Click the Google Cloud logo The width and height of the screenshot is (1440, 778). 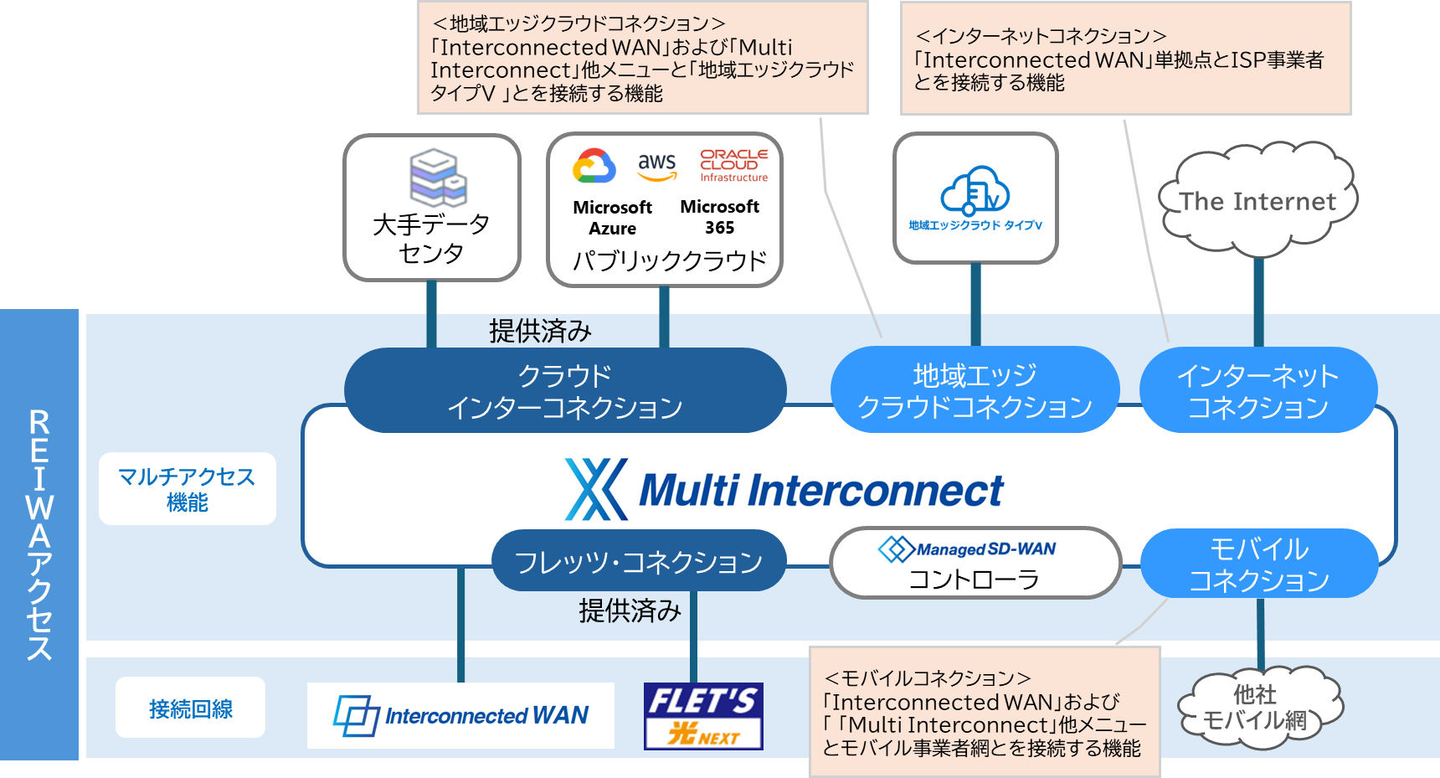click(x=594, y=166)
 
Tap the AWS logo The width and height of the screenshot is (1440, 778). click(x=656, y=166)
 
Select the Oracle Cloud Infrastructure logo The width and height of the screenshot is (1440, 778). click(x=733, y=166)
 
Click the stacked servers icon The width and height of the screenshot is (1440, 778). click(x=437, y=176)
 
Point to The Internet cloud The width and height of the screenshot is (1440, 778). click(x=1257, y=201)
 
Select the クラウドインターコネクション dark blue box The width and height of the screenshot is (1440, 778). click(x=565, y=391)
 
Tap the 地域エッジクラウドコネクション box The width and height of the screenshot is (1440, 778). click(x=975, y=390)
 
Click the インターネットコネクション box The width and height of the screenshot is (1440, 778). click(x=1257, y=390)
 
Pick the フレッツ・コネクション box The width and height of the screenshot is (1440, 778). click(x=638, y=561)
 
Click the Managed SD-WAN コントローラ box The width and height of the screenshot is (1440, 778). click(x=975, y=563)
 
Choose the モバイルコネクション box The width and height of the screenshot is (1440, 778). click(x=1258, y=564)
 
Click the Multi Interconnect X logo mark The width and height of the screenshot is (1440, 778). click(x=595, y=490)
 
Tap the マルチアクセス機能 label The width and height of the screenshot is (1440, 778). click(x=187, y=489)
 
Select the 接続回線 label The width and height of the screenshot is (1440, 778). click(x=190, y=708)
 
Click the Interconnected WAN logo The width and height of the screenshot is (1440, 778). click(x=460, y=715)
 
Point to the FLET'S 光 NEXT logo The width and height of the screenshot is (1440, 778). click(x=703, y=715)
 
